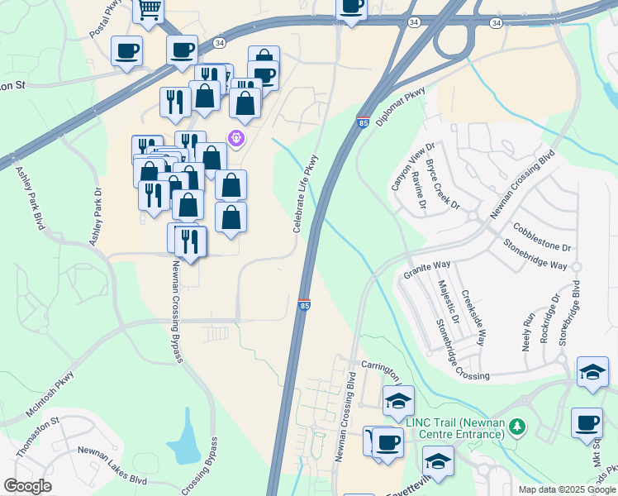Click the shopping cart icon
pyautogui.click(x=149, y=9)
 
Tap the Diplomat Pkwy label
pyautogui.click(x=400, y=106)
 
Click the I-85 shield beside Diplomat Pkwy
pyautogui.click(x=363, y=122)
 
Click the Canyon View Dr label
pyautogui.click(x=412, y=166)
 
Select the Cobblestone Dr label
pyautogui.click(x=542, y=236)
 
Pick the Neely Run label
pyautogui.click(x=528, y=331)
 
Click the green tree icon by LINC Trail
pyautogui.click(x=517, y=427)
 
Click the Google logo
pyautogui.click(x=27, y=485)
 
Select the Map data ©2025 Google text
pyautogui.click(x=566, y=489)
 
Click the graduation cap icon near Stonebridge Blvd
pyautogui.click(x=592, y=371)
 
